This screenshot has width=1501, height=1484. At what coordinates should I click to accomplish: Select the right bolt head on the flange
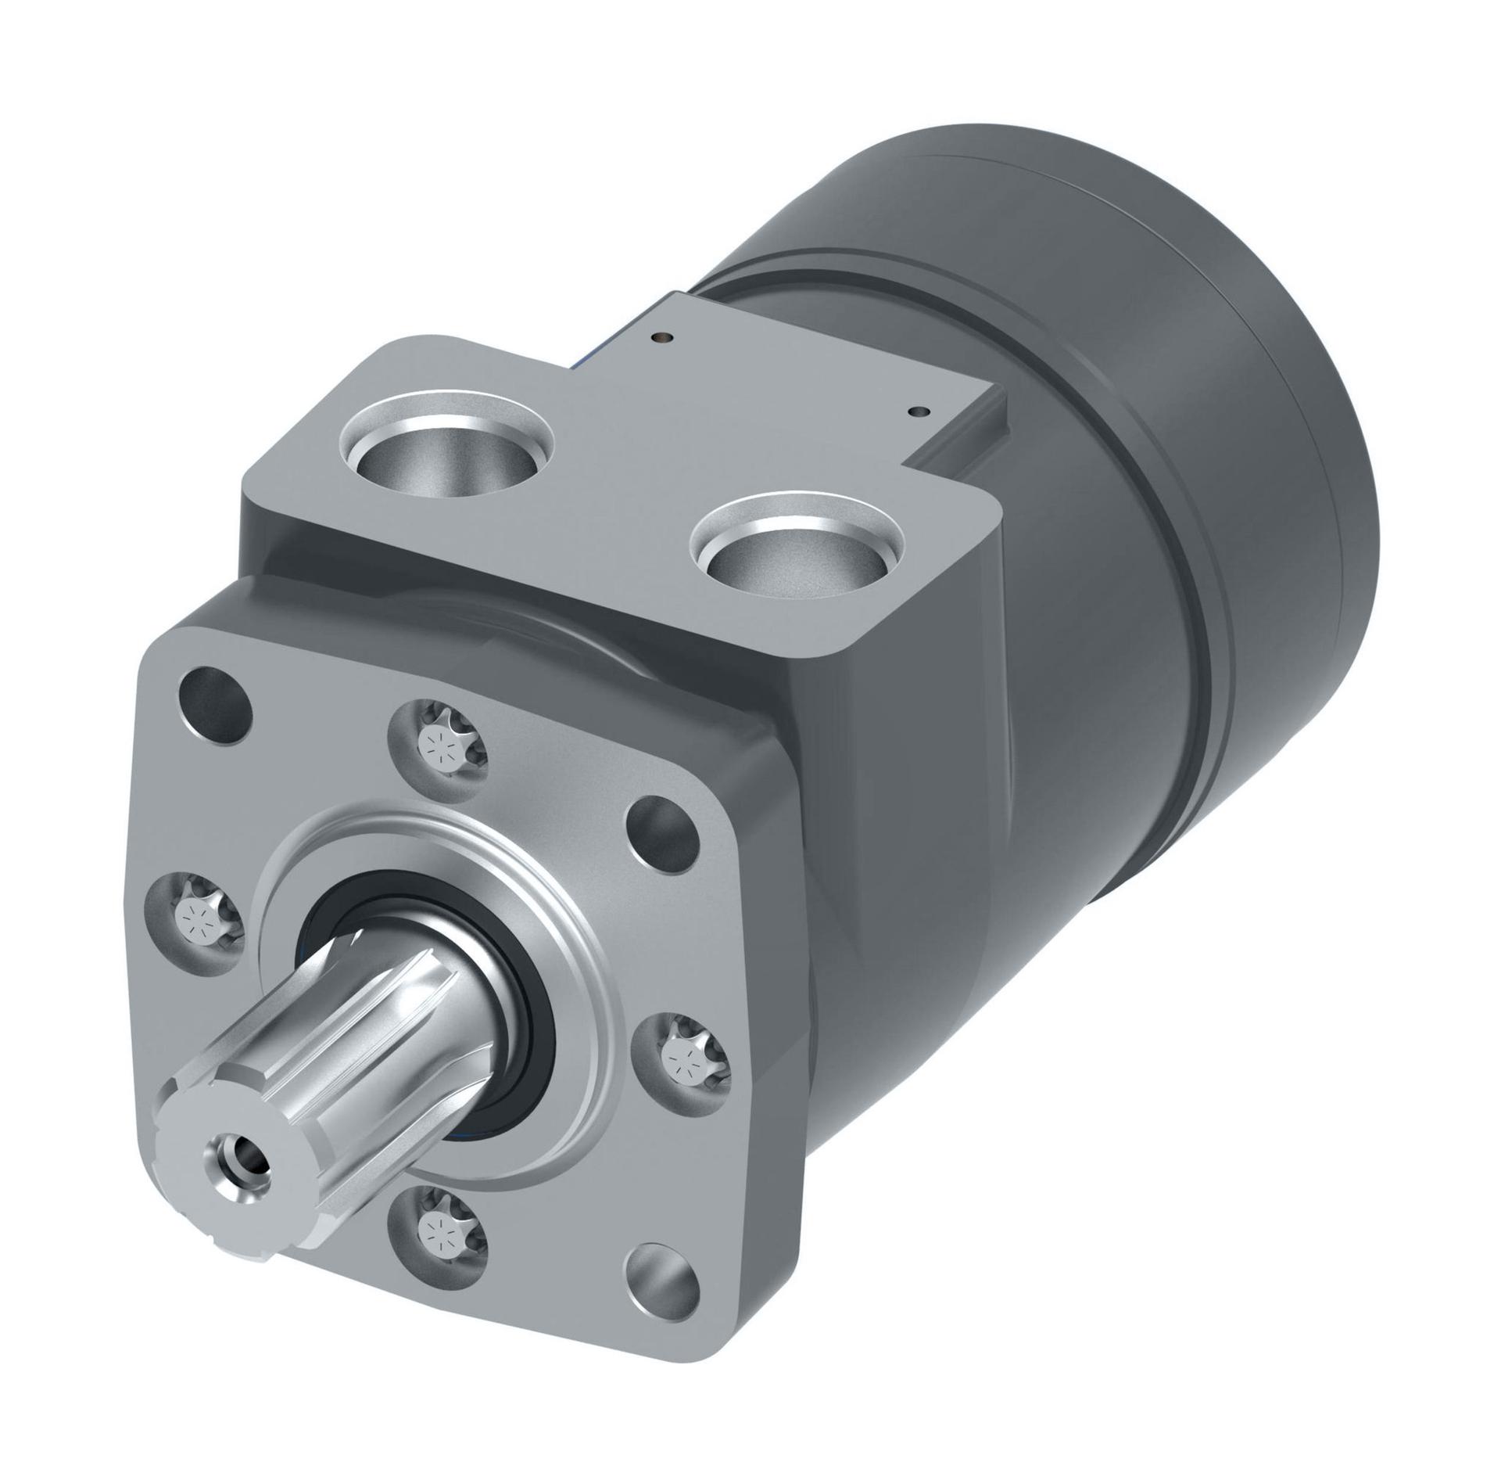pyautogui.click(x=686, y=1058)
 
